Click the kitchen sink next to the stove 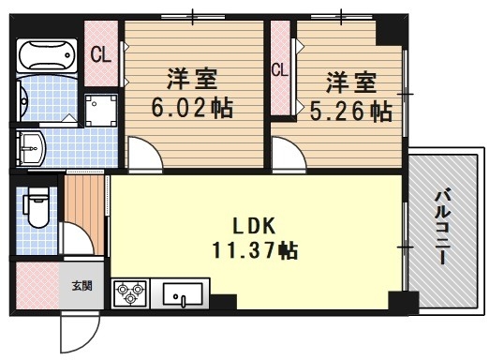point(185,295)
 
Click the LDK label point(255,226)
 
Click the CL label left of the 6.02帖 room point(101,54)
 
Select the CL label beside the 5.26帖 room point(279,69)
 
